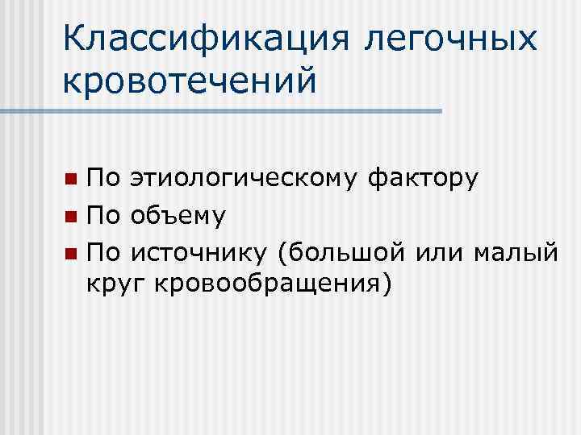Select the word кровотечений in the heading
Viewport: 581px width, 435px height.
tap(189, 81)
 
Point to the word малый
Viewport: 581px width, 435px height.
tap(516, 255)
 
